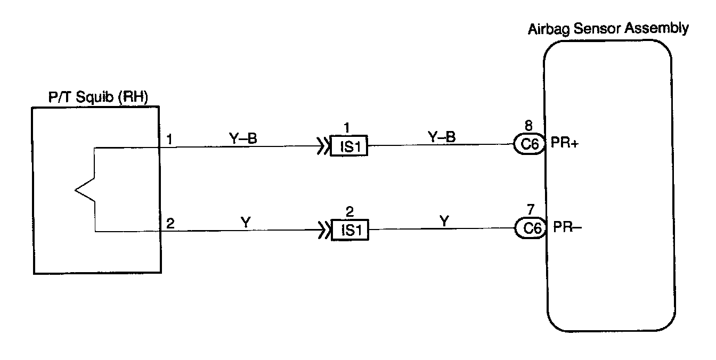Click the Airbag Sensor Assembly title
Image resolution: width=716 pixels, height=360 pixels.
pos(607,29)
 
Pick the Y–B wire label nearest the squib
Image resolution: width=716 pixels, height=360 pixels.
pos(243,138)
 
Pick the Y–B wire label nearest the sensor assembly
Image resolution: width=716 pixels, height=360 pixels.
pos(442,137)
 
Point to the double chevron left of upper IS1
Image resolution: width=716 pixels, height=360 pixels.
pos(323,146)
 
